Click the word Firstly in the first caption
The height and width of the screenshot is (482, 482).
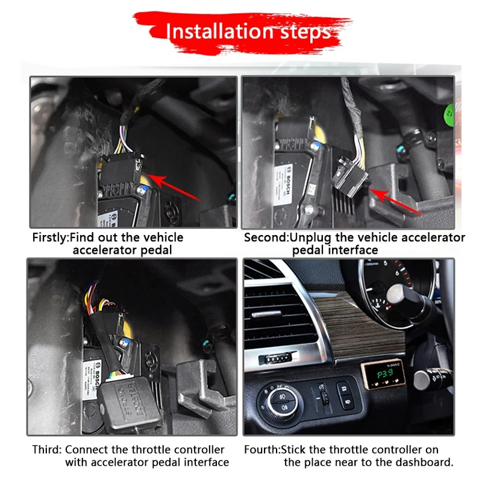[51, 237]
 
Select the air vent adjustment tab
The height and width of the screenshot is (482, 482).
[275, 359]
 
